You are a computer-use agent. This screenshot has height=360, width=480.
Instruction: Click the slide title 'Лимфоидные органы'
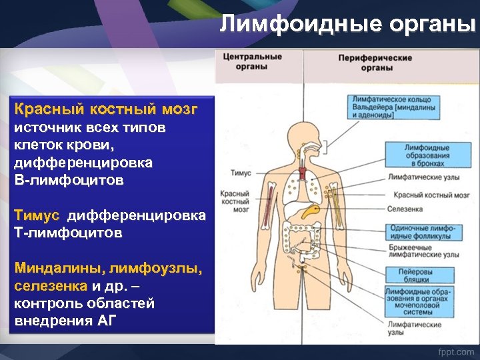[348, 25]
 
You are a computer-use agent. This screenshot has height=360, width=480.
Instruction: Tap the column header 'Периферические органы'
[385, 63]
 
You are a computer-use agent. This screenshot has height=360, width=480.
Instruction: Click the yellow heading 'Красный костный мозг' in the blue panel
[106, 109]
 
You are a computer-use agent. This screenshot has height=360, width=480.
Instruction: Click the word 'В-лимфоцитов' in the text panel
[69, 180]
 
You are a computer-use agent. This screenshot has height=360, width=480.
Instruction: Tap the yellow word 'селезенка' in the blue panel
[50, 286]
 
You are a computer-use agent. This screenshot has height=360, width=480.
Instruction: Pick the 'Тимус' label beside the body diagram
[241, 173]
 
